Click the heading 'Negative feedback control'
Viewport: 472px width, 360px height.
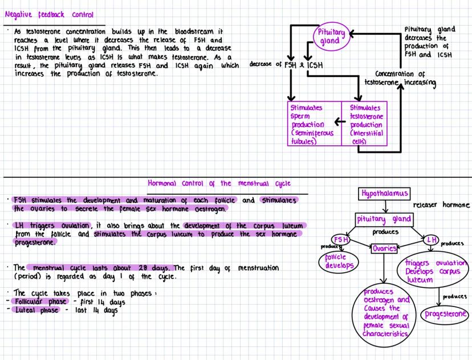click(49, 14)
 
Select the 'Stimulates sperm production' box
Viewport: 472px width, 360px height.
click(313, 124)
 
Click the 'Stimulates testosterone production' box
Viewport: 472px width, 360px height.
click(365, 124)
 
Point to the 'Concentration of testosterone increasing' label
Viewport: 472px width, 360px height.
click(405, 79)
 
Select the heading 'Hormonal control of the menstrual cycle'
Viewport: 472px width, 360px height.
click(219, 183)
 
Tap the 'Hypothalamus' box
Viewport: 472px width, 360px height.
click(385, 194)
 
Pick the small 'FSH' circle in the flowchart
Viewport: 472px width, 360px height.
click(341, 240)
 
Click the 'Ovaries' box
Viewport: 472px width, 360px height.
click(384, 248)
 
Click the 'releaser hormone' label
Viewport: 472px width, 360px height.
click(441, 204)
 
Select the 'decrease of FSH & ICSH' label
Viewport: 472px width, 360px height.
click(286, 64)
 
